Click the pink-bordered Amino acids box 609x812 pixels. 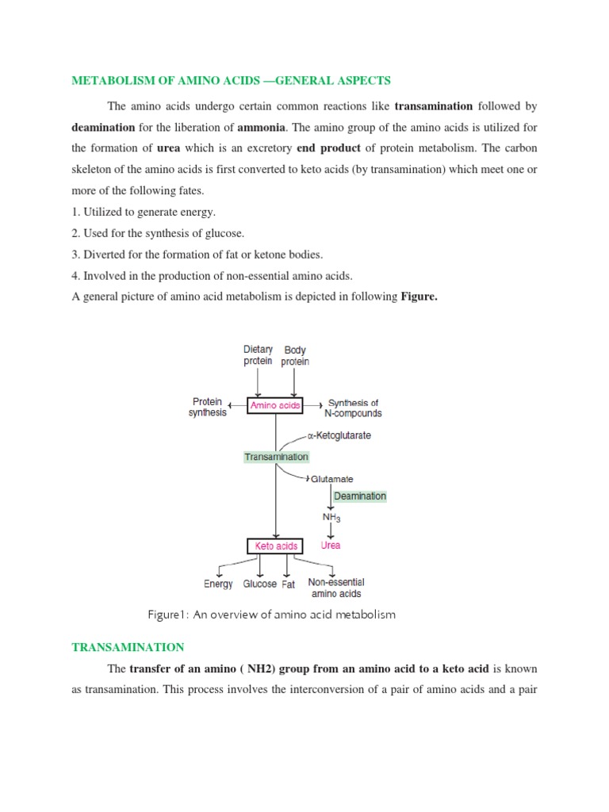pos(275,405)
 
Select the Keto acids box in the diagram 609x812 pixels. pos(275,546)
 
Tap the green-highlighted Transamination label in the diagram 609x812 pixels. pos(276,457)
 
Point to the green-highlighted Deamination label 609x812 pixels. pos(359,496)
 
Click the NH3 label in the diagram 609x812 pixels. pos(331,518)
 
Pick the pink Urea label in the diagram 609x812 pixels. pos(331,546)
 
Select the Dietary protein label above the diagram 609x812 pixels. pos(257,355)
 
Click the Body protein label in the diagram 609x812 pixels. pos(295,355)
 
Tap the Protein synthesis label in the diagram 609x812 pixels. pos(207,407)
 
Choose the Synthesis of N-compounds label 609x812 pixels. pos(354,408)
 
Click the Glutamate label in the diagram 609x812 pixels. pos(331,479)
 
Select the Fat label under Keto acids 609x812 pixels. pos(289,584)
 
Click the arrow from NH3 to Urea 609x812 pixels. pos(331,531)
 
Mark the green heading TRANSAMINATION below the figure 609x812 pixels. pos(128,647)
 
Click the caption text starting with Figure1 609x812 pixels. pos(270,615)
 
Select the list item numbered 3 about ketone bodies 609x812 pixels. pos(197,254)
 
